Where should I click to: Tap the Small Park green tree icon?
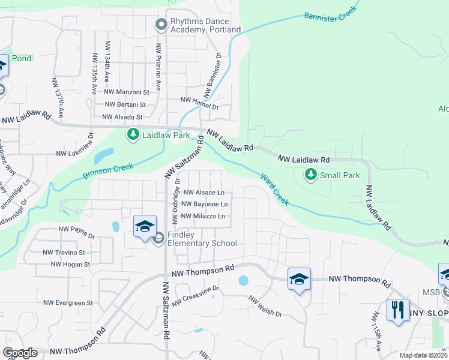[310, 175]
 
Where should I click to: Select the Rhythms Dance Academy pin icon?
[160, 25]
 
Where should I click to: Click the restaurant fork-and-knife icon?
[398, 310]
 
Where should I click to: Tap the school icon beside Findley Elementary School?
[145, 227]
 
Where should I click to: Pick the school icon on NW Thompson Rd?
[299, 279]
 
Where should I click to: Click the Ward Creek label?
[275, 190]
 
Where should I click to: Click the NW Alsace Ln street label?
[204, 193]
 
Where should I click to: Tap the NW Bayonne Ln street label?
[204, 205]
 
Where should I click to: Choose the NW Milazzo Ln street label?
[203, 216]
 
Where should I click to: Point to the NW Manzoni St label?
[127, 92]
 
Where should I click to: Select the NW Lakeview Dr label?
[75, 154]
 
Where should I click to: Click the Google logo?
[19, 353]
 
